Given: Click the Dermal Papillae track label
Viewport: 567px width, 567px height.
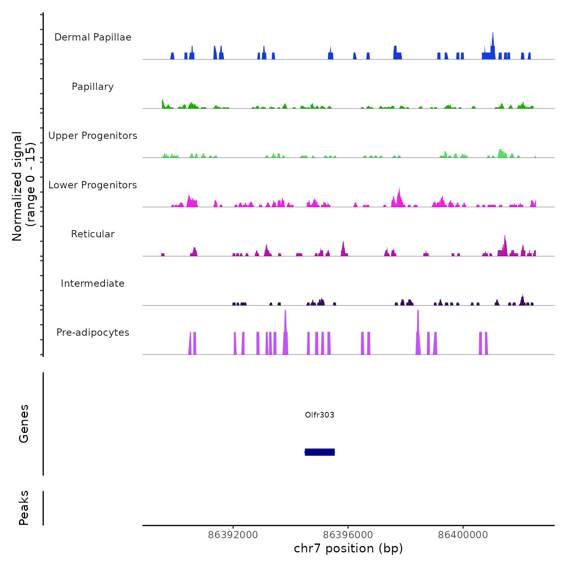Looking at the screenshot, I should pyautogui.click(x=93, y=37).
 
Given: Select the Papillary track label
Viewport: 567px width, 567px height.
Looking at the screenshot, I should pyautogui.click(x=93, y=87).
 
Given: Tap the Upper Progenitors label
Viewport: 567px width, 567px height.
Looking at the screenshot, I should pyautogui.click(x=93, y=136).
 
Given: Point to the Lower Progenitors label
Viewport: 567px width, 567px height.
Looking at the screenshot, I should pyautogui.click(x=93, y=185).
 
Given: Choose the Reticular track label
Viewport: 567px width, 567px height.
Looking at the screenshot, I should pyautogui.click(x=93, y=234).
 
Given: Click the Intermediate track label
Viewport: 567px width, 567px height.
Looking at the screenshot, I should pyautogui.click(x=93, y=283).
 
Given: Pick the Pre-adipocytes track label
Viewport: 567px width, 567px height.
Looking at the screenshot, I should pyautogui.click(x=93, y=333).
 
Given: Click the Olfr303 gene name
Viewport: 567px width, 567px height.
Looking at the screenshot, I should pyautogui.click(x=320, y=415).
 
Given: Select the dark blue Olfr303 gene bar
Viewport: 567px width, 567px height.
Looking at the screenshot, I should pyautogui.click(x=320, y=452).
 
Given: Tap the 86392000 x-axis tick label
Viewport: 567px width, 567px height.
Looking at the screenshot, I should pyautogui.click(x=233, y=535).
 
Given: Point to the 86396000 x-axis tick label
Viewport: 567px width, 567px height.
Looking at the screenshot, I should pyautogui.click(x=348, y=535).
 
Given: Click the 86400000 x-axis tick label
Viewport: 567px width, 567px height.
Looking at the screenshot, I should pyautogui.click(x=463, y=535).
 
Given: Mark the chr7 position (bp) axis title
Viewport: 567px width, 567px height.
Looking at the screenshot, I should pyautogui.click(x=348, y=548).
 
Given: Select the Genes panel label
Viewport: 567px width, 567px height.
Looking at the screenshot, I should pyautogui.click(x=24, y=424).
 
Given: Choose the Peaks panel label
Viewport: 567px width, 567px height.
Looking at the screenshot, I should pyautogui.click(x=24, y=508).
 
